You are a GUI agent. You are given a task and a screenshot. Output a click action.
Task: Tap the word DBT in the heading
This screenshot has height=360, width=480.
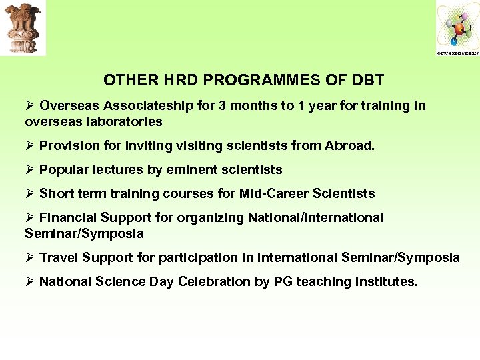pos(368,81)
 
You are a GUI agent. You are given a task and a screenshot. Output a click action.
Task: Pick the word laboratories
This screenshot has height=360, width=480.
pos(121,121)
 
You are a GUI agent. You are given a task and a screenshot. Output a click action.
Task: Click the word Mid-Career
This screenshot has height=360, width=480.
pos(278,193)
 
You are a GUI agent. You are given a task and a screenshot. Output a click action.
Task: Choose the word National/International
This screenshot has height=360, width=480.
pos(315,217)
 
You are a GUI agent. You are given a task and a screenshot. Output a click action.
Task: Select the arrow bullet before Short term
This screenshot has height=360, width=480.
pos(29,193)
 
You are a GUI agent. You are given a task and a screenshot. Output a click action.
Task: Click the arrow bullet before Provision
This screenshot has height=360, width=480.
pos(29,145)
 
